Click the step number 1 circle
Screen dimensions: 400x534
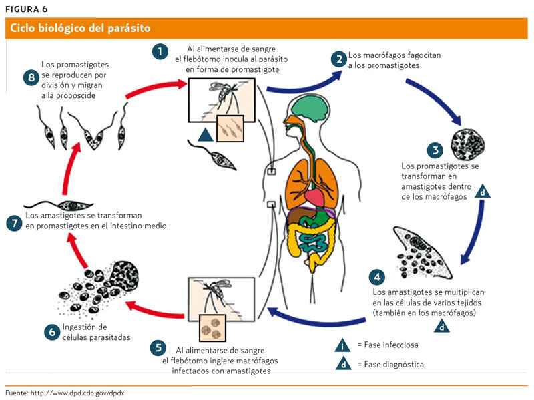(x=160, y=52)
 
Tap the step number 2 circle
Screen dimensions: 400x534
(x=340, y=59)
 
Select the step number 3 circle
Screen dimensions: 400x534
(x=435, y=151)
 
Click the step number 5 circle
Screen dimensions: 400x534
(x=158, y=348)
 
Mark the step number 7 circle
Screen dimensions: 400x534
(x=15, y=223)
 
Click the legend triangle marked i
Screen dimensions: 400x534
(x=342, y=346)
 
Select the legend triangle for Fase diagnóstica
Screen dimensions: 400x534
(x=342, y=365)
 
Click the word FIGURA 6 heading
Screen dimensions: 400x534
(x=26, y=9)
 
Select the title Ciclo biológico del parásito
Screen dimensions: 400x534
(x=79, y=28)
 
